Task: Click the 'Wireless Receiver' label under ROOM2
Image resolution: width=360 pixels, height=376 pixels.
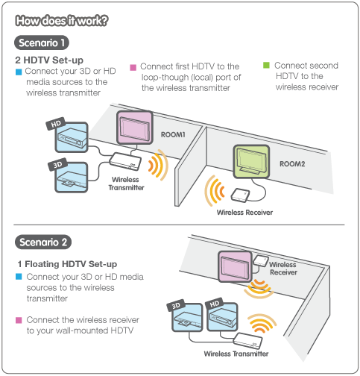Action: pos(244,213)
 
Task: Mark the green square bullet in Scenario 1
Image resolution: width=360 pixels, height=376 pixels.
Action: pos(266,66)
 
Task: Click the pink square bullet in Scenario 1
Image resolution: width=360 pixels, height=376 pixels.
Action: pos(133,66)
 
